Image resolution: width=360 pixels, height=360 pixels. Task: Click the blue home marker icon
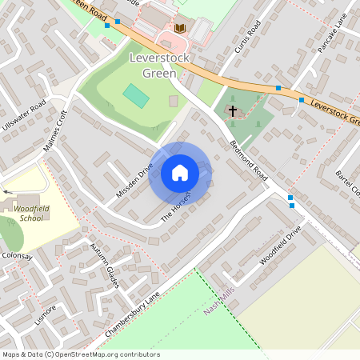pyautogui.click(x=180, y=172)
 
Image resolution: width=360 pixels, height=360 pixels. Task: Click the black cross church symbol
pyautogui.click(x=233, y=111)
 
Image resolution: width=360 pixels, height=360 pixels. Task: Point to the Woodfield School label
pyautogui.click(x=29, y=213)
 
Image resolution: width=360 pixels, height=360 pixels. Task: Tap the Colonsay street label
pyautogui.click(x=15, y=256)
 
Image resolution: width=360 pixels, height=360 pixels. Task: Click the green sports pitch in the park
pyautogui.click(x=136, y=97)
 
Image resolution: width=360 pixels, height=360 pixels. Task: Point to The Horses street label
pyautogui.click(x=176, y=207)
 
